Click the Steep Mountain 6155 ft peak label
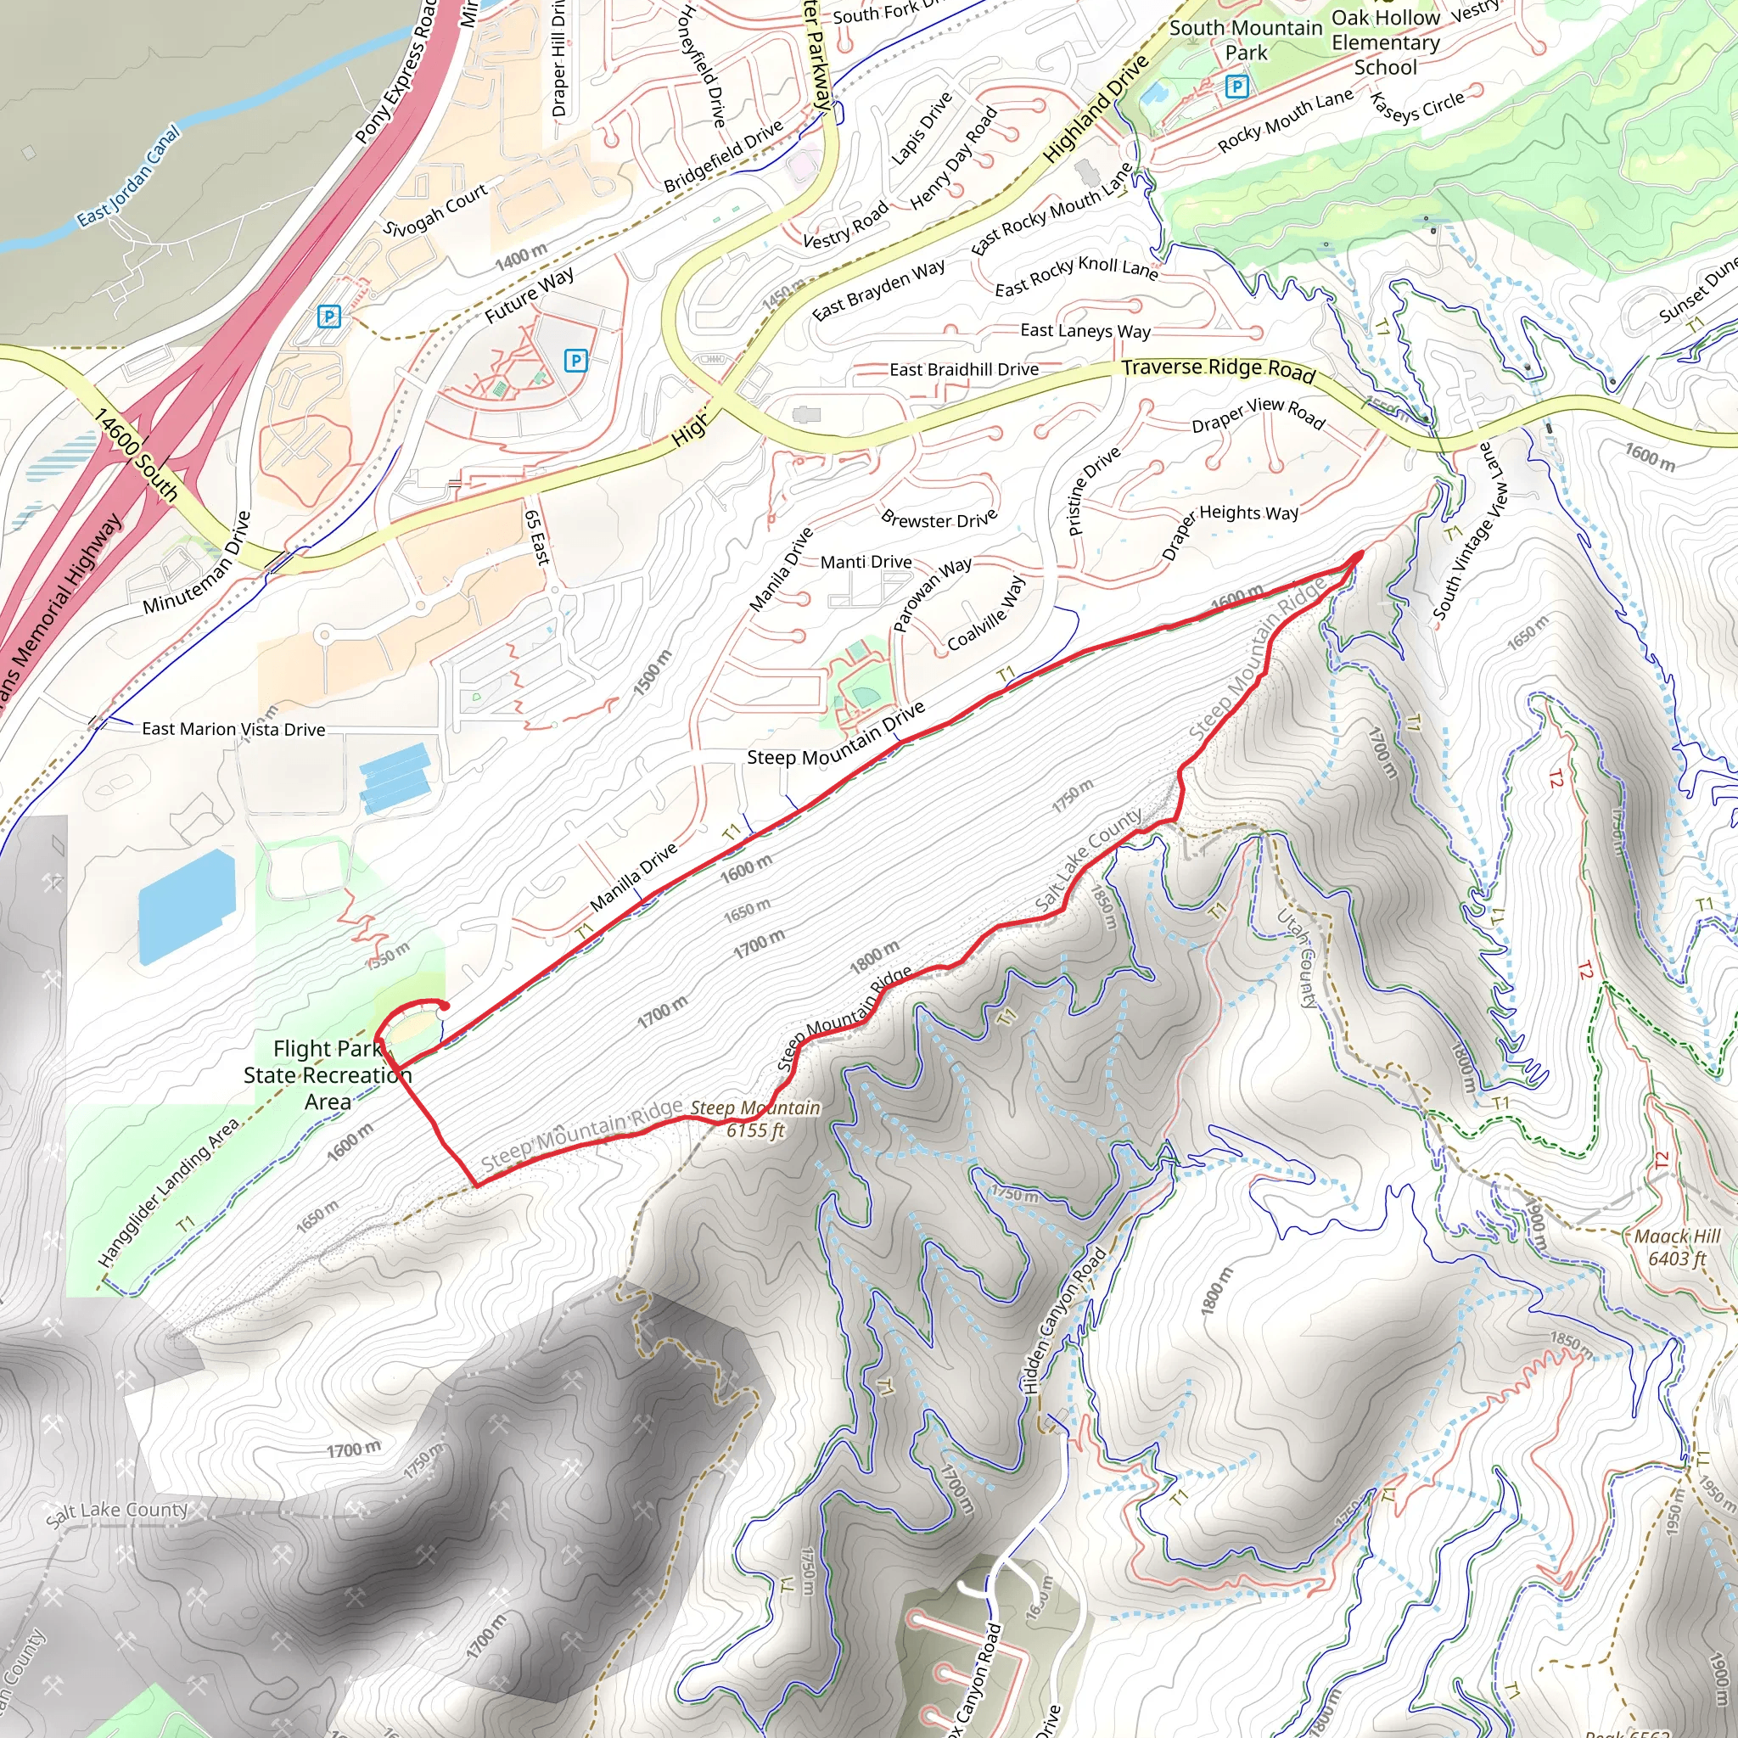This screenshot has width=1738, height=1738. (754, 1119)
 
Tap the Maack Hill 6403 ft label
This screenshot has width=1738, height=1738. (1677, 1247)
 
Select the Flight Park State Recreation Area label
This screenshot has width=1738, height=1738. (328, 1075)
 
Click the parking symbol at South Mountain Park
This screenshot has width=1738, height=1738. (1237, 87)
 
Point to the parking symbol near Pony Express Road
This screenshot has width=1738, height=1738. (329, 316)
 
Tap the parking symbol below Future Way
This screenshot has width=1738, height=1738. (575, 361)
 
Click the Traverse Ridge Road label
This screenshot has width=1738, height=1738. (1218, 369)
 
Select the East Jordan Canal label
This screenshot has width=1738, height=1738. (128, 177)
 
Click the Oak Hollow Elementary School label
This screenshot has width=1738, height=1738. (1385, 42)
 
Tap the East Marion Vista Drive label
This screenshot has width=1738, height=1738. (233, 730)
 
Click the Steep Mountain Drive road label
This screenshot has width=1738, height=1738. (836, 735)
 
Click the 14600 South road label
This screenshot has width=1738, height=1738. (137, 454)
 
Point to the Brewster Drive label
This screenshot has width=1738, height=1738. (939, 519)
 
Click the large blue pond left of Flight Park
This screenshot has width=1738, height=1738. (187, 905)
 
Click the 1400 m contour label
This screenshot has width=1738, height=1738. (521, 257)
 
